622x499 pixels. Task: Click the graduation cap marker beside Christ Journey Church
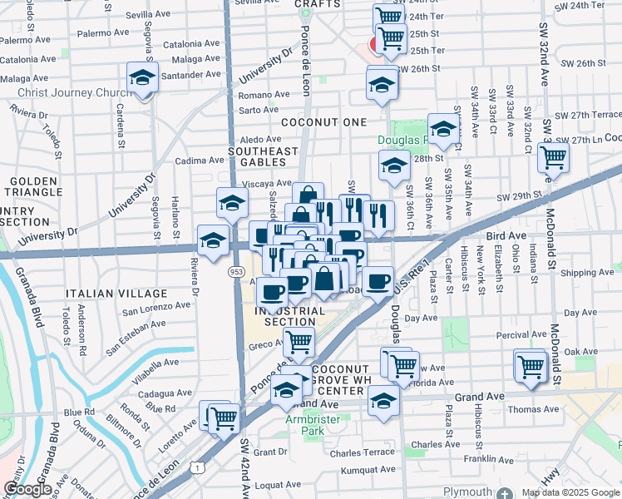pos(143,77)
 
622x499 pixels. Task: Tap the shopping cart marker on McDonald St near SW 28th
pos(552,156)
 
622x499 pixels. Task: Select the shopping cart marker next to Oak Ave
pos(530,364)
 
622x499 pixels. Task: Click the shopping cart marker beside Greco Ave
pos(299,341)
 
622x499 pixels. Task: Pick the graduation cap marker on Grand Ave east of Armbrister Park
pos(383,403)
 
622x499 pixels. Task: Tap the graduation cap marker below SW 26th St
pos(382,84)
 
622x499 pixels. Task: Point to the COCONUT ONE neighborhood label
pos(323,122)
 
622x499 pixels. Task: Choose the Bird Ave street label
pos(506,237)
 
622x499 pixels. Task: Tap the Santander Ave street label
pos(190,75)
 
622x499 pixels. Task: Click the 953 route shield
pos(236,271)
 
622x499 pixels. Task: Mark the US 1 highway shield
pos(197,469)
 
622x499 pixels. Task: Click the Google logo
pos(27,489)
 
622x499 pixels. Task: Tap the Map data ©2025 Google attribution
pos(570,492)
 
